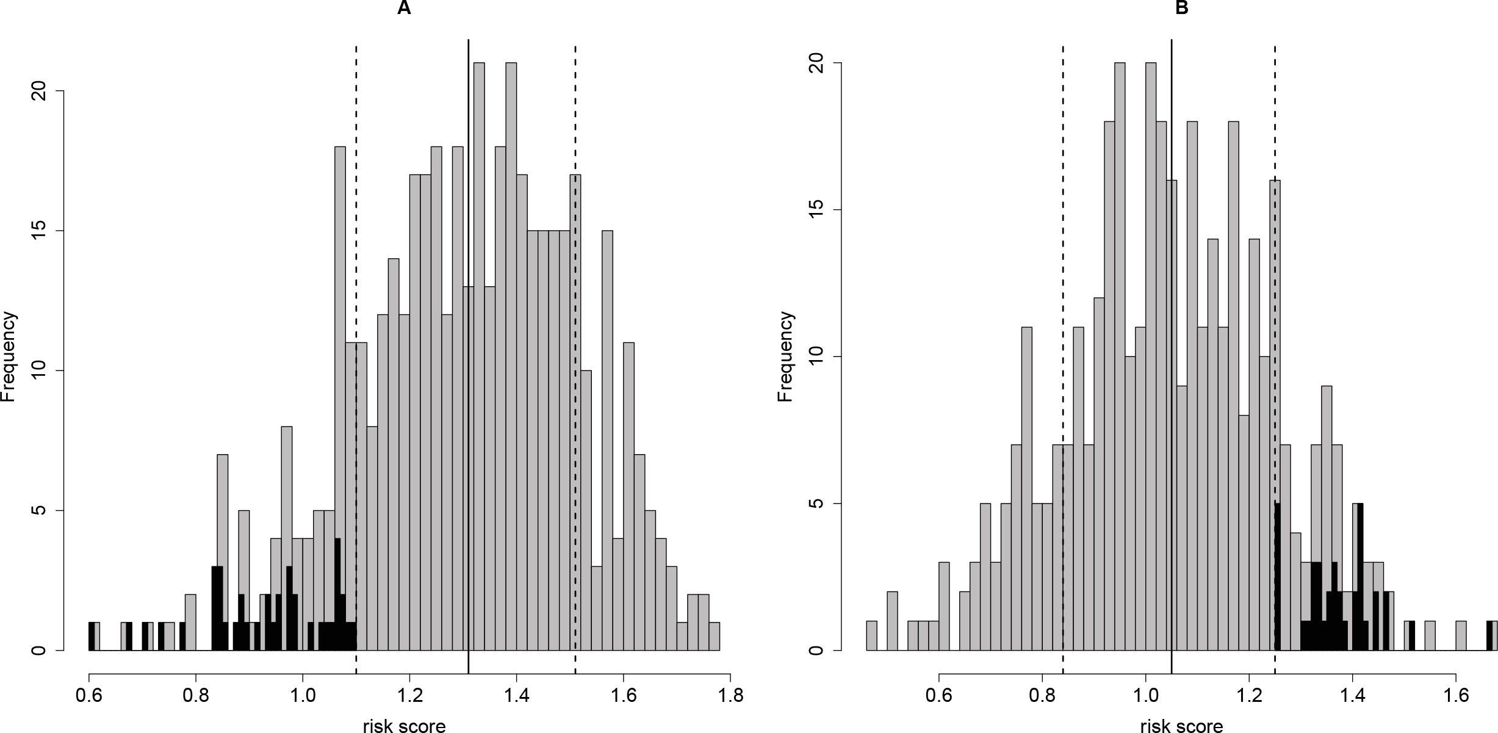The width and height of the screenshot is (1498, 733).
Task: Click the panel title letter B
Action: pyautogui.click(x=1182, y=9)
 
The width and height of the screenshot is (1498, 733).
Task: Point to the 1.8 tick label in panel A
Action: pyautogui.click(x=730, y=696)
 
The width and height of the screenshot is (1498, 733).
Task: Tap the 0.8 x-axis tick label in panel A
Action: pyautogui.click(x=195, y=696)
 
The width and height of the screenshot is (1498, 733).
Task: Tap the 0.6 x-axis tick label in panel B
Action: pyautogui.click(x=939, y=696)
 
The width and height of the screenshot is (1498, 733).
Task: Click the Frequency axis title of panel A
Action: pyautogui.click(x=9, y=357)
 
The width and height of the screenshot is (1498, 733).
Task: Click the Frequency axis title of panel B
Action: pyautogui.click(x=786, y=357)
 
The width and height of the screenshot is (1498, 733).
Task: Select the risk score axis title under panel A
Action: pyautogui.click(x=404, y=725)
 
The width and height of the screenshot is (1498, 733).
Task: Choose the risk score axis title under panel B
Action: pyautogui.click(x=1181, y=725)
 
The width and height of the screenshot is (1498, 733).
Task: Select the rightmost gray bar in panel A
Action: pyautogui.click(x=714, y=637)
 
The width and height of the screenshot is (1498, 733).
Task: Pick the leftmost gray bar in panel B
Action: pyautogui.click(x=871, y=637)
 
